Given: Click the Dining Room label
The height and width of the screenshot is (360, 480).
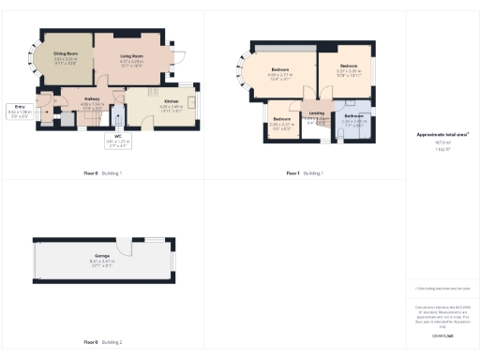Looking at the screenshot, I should (x=65, y=55).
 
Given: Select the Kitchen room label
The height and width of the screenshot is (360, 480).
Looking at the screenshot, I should (x=171, y=100).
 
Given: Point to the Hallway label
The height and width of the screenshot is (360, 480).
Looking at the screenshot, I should (x=92, y=100).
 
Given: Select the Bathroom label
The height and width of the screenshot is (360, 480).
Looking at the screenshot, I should (x=352, y=117).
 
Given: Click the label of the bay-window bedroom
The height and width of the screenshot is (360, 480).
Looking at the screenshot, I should (x=280, y=71).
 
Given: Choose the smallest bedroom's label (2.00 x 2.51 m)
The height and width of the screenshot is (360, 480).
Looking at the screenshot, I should (x=282, y=121).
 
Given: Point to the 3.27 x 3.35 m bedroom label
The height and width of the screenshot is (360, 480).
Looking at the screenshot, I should (x=348, y=67).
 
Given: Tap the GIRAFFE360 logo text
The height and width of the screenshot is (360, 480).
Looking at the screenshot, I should (x=442, y=335).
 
